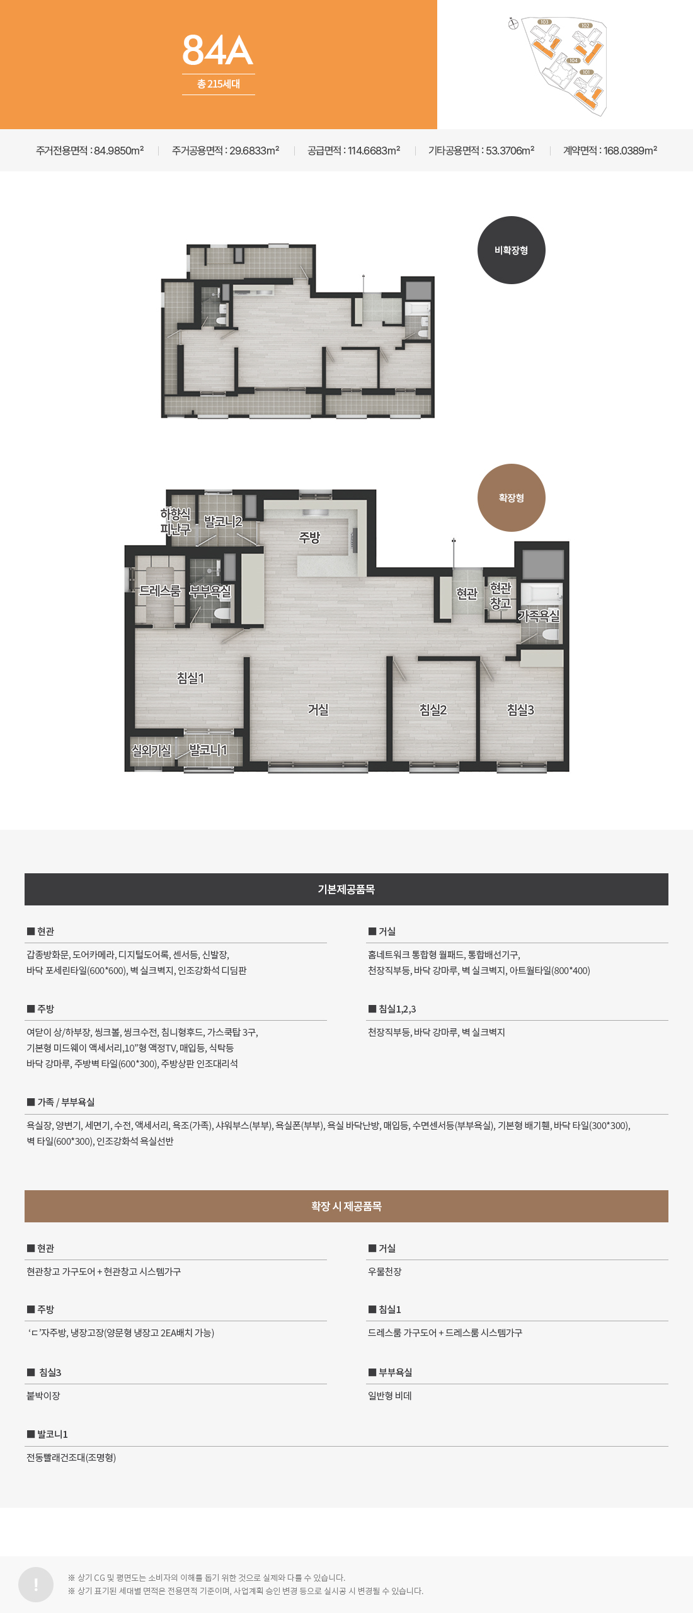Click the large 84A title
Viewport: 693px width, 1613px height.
[x=218, y=50]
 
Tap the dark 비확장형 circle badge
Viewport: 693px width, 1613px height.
[x=511, y=250]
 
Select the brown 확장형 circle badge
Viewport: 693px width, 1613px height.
[x=511, y=498]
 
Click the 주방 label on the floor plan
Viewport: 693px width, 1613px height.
[x=309, y=537]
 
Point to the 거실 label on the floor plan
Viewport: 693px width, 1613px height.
[x=318, y=709]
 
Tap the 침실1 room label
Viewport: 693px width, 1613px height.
[x=190, y=678]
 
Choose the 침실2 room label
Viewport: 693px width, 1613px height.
[x=433, y=710]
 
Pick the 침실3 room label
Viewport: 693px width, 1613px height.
[x=520, y=710]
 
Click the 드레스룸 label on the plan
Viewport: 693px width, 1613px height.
[x=159, y=591]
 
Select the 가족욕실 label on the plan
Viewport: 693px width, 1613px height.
[x=539, y=616]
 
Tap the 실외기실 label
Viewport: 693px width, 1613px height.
[x=151, y=750]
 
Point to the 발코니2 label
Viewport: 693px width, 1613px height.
[x=223, y=522]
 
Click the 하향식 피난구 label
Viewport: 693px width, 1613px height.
[x=175, y=522]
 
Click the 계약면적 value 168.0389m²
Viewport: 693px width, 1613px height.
[x=630, y=151]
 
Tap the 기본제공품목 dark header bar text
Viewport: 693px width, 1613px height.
[x=346, y=889]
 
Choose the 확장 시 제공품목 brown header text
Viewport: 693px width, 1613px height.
[x=346, y=1206]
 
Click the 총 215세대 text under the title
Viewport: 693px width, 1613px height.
[x=219, y=84]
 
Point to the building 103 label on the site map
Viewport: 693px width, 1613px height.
[x=544, y=22]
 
